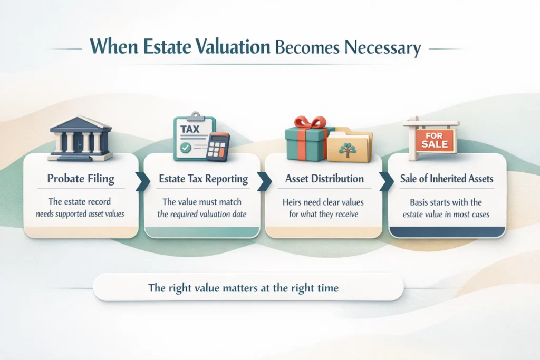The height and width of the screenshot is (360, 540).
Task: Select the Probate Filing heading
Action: pos(81,179)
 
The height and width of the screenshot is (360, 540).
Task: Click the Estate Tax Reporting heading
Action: pos(203,179)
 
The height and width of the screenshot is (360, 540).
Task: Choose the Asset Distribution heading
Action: pos(324,179)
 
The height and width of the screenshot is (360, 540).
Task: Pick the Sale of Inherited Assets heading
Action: pos(447,179)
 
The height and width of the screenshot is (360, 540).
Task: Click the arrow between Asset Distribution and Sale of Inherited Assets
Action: pos(383,180)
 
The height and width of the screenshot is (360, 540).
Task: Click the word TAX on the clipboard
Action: pos(190,129)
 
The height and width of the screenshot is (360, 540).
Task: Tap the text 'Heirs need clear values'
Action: pos(324,202)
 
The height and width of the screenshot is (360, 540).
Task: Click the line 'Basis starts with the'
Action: pos(446,202)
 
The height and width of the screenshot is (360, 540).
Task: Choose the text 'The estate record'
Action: pos(81,202)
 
